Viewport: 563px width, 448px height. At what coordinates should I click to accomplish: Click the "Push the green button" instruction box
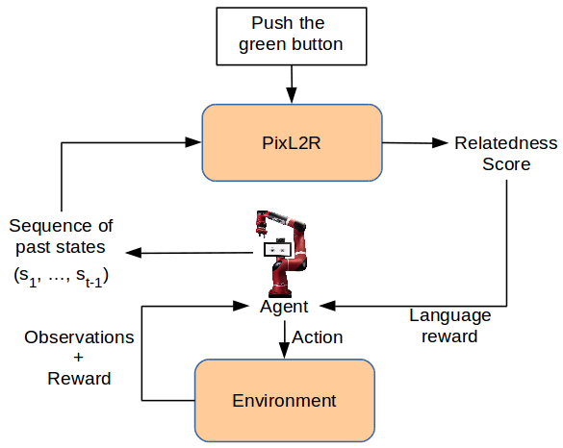pyautogui.click(x=292, y=37)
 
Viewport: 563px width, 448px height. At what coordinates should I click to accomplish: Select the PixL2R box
pyautogui.click(x=292, y=142)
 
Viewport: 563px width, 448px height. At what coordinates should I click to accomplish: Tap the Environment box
pyautogui.click(x=285, y=400)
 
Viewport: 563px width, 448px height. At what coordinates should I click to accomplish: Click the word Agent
pyautogui.click(x=284, y=307)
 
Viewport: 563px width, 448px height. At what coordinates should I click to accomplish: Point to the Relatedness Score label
pyautogui.click(x=506, y=154)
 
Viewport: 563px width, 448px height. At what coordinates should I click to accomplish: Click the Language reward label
pyautogui.click(x=449, y=326)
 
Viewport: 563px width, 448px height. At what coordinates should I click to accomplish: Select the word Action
pyautogui.click(x=318, y=337)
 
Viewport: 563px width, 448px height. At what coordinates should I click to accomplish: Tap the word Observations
pyautogui.click(x=79, y=337)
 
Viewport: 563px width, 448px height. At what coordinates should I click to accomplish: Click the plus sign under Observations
pyautogui.click(x=78, y=358)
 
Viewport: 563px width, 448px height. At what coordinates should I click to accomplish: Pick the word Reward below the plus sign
pyautogui.click(x=79, y=379)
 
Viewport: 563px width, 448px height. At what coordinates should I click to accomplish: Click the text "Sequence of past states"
pyautogui.click(x=61, y=236)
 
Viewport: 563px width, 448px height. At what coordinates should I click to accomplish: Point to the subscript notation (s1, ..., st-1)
pyautogui.click(x=61, y=277)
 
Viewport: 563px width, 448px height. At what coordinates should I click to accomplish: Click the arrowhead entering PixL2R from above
pyautogui.click(x=292, y=95)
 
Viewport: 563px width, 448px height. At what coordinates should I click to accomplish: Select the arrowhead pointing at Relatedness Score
pyautogui.click(x=440, y=142)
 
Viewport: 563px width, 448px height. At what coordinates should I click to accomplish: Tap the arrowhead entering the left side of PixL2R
pyautogui.click(x=193, y=142)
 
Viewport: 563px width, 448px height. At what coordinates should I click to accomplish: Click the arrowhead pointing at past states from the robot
pyautogui.click(x=134, y=253)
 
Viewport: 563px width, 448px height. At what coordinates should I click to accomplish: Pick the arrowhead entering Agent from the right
pyautogui.click(x=327, y=306)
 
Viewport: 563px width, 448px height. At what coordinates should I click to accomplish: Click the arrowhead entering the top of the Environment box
pyautogui.click(x=284, y=351)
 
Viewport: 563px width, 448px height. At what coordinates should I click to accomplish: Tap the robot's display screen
pyautogui.click(x=277, y=249)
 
